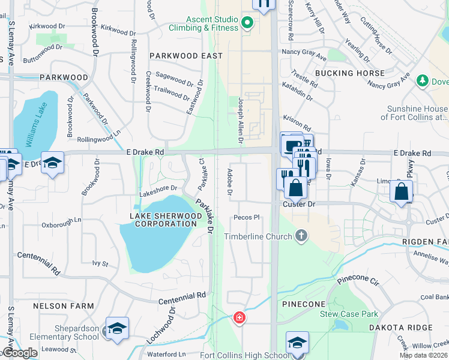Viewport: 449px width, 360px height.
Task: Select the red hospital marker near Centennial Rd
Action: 239,317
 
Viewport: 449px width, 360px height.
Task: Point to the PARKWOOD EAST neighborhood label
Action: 186,56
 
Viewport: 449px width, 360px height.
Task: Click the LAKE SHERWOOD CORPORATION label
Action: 163,220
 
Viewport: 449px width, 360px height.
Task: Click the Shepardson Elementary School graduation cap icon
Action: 117,328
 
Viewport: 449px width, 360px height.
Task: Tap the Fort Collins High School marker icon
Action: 297,343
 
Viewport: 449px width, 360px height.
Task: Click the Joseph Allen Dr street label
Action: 241,121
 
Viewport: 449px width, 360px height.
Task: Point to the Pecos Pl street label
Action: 247,217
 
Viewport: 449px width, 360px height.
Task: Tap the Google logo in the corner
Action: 20,353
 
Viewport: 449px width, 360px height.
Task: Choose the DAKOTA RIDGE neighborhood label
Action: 410,327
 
